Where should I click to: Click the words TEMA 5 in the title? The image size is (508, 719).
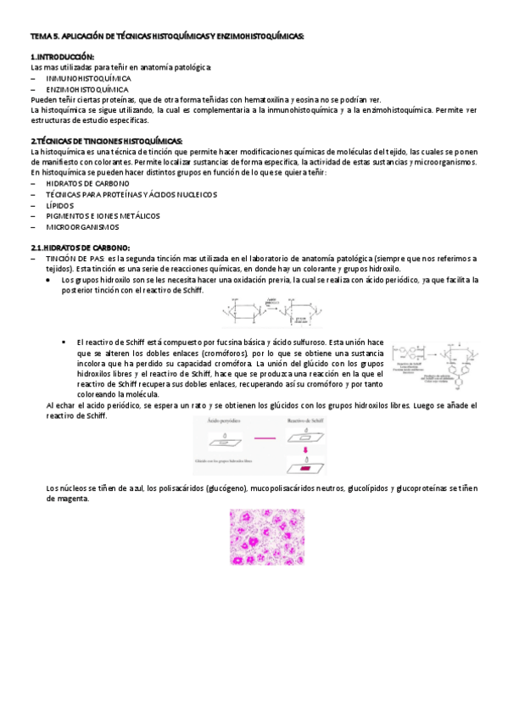(42, 36)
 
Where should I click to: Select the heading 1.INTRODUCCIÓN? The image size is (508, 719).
(64, 56)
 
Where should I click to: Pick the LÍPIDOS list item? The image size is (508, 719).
(60, 205)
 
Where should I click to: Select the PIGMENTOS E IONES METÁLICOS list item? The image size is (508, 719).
(103, 216)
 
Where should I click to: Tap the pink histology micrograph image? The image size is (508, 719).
(267, 537)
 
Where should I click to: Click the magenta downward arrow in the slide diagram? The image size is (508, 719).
(304, 450)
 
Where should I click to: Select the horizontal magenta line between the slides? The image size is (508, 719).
(265, 437)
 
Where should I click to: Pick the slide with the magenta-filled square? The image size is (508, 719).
(304, 467)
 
